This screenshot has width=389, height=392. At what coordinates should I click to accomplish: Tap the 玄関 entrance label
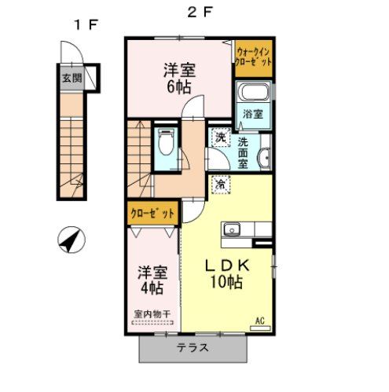[72, 77]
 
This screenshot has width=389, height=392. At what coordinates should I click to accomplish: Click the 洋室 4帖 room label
[153, 280]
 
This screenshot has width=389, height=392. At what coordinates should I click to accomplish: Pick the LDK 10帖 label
[227, 273]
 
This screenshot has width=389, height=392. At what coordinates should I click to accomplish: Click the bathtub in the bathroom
[254, 95]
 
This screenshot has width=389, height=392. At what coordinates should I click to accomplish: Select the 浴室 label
[252, 114]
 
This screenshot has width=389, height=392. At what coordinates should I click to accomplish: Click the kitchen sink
[233, 229]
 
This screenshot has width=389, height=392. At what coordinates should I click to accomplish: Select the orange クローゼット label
[152, 212]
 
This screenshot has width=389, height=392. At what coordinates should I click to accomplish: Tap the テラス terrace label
[193, 348]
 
